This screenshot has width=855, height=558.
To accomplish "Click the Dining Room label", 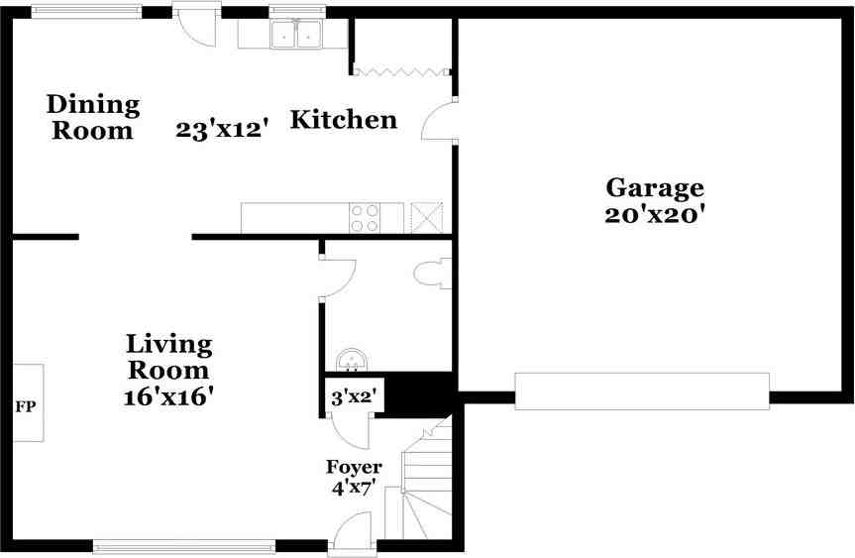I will click(x=94, y=117).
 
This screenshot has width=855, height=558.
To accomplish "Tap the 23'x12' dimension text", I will click(x=223, y=129).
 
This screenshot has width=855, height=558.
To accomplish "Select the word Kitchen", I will click(x=343, y=120).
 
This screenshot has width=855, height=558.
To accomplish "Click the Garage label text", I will click(x=654, y=187).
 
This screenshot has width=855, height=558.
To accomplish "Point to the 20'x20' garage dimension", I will click(x=654, y=213).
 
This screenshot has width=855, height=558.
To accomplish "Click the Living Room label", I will click(x=168, y=357).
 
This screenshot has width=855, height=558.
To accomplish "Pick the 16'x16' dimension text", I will click(x=168, y=395).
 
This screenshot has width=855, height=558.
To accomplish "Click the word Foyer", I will click(x=354, y=467).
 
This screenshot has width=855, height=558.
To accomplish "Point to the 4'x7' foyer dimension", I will click(x=354, y=487).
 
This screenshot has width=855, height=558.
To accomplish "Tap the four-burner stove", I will click(x=364, y=217).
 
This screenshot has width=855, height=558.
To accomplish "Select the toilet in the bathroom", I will click(x=434, y=274).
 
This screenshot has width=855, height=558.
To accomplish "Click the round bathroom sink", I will click(x=350, y=359).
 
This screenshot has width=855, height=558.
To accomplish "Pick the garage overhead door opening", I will click(x=641, y=391).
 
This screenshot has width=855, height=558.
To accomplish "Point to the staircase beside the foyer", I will click(x=426, y=486).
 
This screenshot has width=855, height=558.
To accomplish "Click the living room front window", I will click(x=184, y=544).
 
